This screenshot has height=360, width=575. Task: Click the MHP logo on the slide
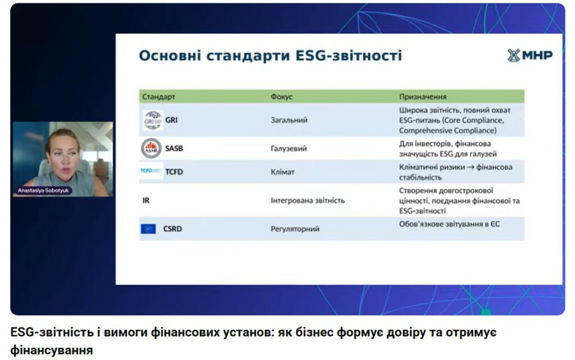[530, 56]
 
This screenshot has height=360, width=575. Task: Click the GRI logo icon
[153, 120]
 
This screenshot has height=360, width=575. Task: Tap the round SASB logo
[152, 148]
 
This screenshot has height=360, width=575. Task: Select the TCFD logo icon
[151, 171]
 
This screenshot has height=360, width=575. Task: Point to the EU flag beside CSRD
[148, 229]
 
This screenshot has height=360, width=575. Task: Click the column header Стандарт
[159, 97]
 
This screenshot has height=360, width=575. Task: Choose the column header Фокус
[282, 97]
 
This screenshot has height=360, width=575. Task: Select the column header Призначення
[423, 97]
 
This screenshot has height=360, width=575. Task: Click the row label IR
[146, 200]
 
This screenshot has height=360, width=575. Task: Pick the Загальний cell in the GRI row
[289, 120]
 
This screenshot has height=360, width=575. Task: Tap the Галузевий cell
[289, 148]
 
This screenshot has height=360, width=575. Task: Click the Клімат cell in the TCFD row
[282, 172]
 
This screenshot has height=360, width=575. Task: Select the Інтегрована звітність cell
[308, 200]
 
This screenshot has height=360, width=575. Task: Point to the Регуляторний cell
[295, 229]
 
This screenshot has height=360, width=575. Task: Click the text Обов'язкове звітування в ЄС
[449, 224]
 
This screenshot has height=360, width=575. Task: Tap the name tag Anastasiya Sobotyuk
[43, 190]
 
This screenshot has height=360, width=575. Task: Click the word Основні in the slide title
[170, 56]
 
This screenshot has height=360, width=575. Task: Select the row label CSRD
[172, 229]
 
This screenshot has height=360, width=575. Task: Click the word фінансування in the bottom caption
[51, 350]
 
